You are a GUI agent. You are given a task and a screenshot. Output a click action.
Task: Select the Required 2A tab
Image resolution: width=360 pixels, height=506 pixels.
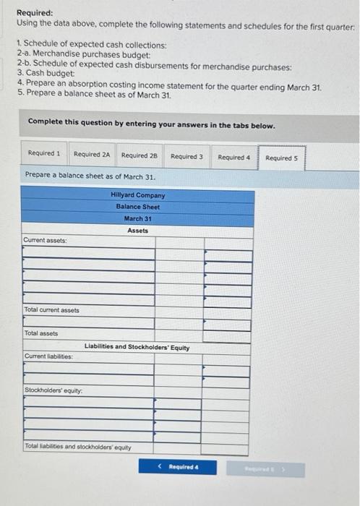tap(92, 155)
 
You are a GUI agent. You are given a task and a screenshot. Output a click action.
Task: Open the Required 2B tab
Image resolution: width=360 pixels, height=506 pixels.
tap(140, 155)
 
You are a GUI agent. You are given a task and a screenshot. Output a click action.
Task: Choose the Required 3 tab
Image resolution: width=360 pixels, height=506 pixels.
tap(187, 155)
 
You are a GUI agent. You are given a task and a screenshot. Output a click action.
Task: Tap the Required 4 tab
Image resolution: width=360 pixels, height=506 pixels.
tap(233, 157)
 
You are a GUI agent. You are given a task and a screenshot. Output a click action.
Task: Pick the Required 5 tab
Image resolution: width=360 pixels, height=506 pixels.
tap(281, 158)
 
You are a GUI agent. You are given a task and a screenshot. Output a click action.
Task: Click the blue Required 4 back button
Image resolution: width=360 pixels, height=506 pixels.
tap(179, 467)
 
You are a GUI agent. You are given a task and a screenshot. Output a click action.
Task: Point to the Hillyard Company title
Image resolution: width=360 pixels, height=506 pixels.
tap(137, 195)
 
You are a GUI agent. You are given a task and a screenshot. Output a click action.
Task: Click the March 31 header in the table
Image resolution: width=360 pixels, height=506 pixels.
tap(137, 218)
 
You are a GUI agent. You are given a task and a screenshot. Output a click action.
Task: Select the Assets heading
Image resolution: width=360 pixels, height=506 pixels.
tap(137, 231)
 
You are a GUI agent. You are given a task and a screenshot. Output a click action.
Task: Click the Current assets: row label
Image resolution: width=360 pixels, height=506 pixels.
tap(46, 241)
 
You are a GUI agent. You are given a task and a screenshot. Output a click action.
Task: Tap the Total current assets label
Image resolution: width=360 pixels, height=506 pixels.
tap(51, 310)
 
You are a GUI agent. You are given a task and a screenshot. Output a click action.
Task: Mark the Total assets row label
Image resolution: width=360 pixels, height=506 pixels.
tap(41, 333)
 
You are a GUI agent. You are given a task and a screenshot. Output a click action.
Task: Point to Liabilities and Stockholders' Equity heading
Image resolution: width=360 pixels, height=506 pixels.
tap(137, 347)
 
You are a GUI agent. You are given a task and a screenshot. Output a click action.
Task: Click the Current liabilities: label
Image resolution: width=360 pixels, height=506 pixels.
tap(48, 356)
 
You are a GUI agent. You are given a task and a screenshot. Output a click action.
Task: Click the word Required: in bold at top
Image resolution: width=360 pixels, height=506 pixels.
tap(35, 13)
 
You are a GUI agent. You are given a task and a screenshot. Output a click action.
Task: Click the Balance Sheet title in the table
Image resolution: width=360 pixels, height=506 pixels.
tap(137, 207)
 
